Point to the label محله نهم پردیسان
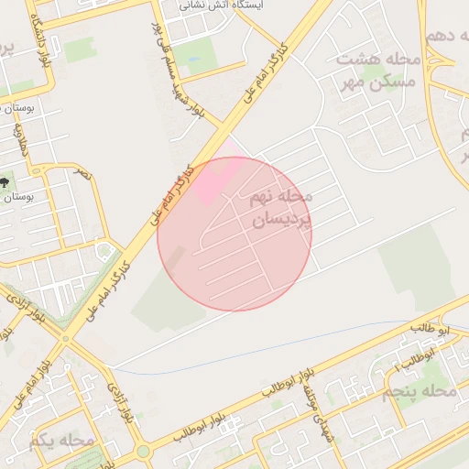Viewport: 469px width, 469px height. click(280, 207)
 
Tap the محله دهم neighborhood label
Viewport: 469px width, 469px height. click(445, 37)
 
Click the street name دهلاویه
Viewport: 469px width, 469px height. click(20, 138)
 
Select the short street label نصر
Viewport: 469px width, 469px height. click(83, 173)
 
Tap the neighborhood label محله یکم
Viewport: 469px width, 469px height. click(61, 441)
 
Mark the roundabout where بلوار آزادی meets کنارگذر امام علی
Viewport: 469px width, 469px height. click(64, 338)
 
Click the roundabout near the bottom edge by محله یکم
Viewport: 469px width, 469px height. click(142, 453)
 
